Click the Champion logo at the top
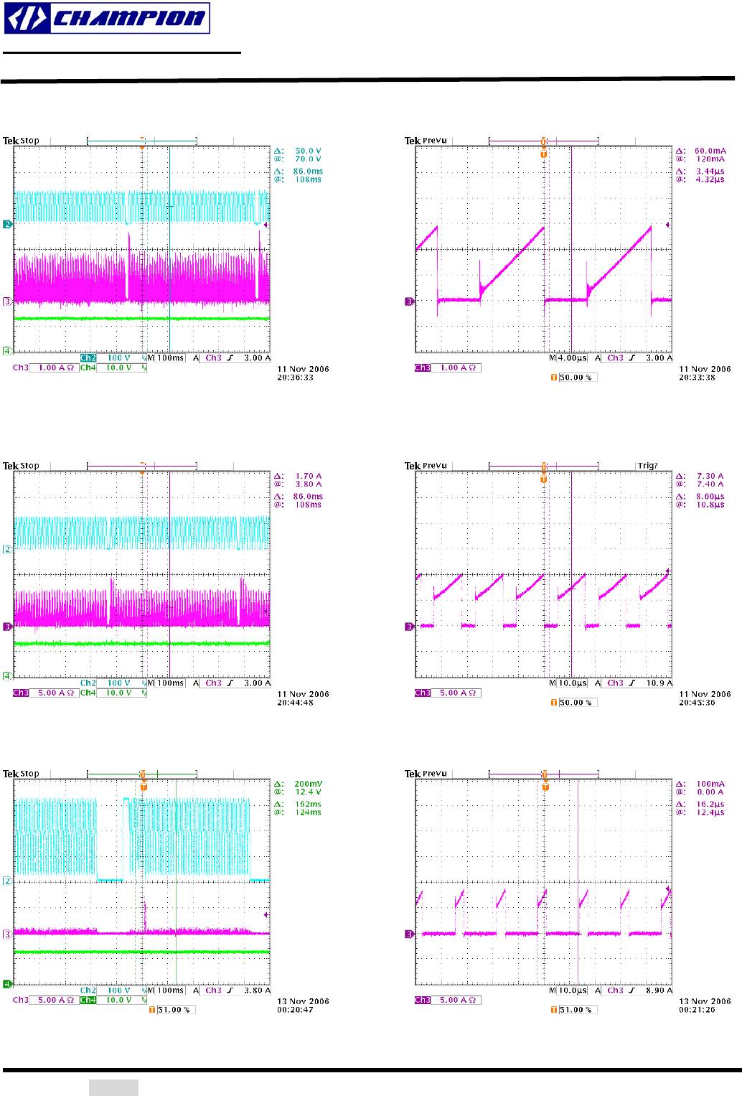click(x=107, y=18)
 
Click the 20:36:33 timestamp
click(x=295, y=378)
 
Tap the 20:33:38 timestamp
click(x=697, y=378)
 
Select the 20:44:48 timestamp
click(x=295, y=703)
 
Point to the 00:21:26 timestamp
click(x=697, y=1010)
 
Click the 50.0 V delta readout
click(x=308, y=151)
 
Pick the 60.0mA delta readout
click(x=710, y=151)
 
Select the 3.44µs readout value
click(x=710, y=172)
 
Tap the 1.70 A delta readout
click(x=308, y=477)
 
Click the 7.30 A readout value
click(x=710, y=477)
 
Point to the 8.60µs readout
click(x=710, y=497)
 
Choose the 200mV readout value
click(x=308, y=784)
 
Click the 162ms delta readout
click(x=308, y=805)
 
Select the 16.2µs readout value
click(x=710, y=805)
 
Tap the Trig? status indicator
click(x=647, y=466)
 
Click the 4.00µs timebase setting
click(x=572, y=358)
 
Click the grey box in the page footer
click(x=113, y=1087)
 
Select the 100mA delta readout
click(x=710, y=784)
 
